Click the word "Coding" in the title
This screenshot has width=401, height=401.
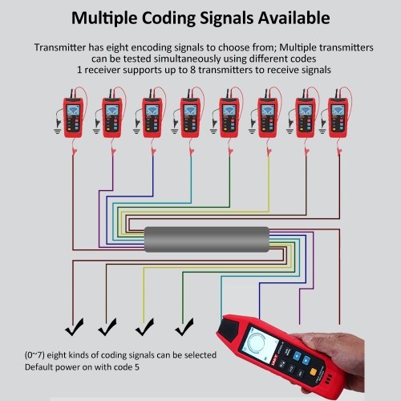[169, 18]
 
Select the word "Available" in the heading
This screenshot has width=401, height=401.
[294, 18]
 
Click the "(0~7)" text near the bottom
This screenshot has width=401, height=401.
[34, 355]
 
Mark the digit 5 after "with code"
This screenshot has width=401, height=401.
[137, 367]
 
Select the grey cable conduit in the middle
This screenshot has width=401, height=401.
[207, 239]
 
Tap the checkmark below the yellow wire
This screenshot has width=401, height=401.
[144, 327]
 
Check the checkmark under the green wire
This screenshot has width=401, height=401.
[184, 327]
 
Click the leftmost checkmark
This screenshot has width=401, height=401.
[75, 327]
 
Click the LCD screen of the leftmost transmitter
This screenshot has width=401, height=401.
[73, 110]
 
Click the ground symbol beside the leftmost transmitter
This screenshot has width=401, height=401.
[57, 131]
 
